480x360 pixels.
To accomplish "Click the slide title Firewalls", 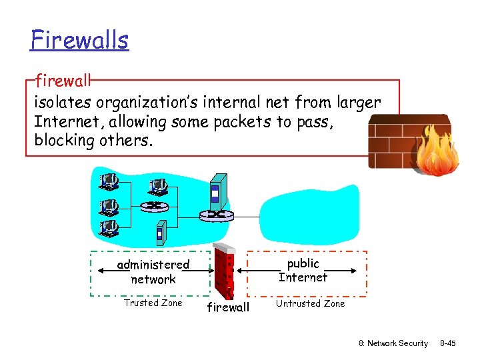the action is [79, 40].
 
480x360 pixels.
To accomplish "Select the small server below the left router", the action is [160, 233].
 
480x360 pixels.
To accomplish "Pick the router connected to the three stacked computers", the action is [155, 207].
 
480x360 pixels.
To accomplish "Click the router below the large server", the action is [217, 215].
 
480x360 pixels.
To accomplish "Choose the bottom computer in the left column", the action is [109, 229].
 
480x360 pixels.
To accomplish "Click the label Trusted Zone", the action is [153, 303].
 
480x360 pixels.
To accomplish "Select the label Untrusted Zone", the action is [311, 303].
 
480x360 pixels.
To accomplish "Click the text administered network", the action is [153, 272].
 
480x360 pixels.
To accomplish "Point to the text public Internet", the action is [303, 270].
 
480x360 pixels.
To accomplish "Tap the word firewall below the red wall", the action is [228, 307].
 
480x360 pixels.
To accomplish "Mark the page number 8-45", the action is [447, 343].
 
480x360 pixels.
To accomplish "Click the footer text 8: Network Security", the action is [393, 343].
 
